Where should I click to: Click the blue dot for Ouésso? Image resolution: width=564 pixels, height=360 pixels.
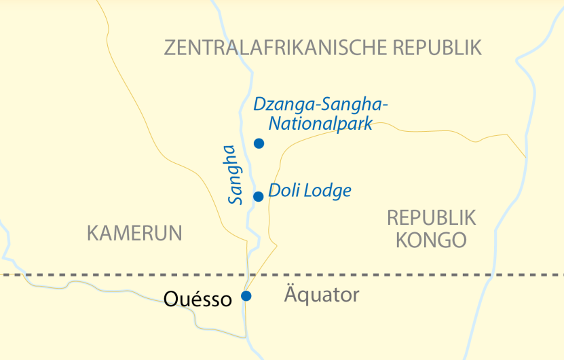point(246,295)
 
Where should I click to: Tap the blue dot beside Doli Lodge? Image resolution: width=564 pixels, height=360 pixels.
point(258,197)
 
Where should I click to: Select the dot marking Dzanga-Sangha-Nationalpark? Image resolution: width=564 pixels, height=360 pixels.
point(259,143)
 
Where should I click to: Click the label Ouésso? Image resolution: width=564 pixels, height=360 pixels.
point(198,299)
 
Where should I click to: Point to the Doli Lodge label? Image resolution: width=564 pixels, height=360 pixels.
point(309,191)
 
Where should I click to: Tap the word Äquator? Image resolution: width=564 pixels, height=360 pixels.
point(320,295)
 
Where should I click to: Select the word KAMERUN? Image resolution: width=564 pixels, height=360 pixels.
point(134,234)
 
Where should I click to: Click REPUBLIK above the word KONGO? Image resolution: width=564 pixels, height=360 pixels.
point(432,217)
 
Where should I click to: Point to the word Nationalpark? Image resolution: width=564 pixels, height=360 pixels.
point(321,124)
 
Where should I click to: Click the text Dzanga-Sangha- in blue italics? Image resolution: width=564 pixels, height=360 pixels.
point(320,105)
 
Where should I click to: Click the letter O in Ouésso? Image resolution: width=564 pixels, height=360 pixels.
point(171,299)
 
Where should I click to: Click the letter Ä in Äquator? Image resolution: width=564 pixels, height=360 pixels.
point(289,295)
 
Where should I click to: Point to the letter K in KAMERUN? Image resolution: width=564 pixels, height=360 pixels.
point(93,234)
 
